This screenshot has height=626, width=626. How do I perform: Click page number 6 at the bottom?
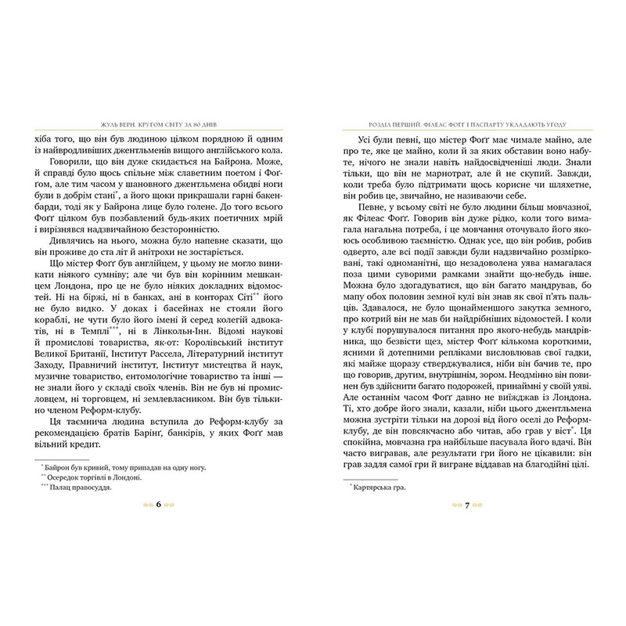[158, 505]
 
